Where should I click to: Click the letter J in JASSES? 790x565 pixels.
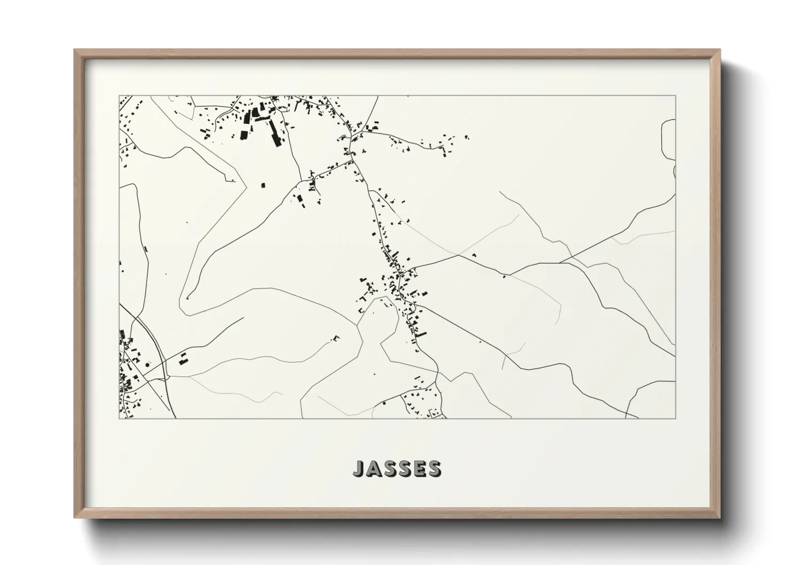[x=358, y=468]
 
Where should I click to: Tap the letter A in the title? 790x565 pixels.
[x=373, y=468]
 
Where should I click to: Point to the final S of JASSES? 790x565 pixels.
[x=434, y=468]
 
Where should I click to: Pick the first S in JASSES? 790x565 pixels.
[x=388, y=468]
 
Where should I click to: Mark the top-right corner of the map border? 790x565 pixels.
[x=675, y=96]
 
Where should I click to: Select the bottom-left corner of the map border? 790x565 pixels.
[x=119, y=418]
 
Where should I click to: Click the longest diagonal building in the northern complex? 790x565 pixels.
[x=275, y=132]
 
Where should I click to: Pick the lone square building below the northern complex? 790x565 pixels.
[x=263, y=185]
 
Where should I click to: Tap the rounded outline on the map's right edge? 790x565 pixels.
[x=667, y=139]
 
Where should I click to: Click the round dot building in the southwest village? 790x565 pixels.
[x=147, y=364]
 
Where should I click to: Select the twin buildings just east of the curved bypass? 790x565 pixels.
[x=183, y=359]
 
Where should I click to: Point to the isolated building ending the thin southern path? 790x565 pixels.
[x=336, y=337]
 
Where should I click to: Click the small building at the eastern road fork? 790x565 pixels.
[x=503, y=276]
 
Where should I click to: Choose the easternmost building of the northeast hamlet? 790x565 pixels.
[x=468, y=137]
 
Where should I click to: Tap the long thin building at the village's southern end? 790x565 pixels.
[x=421, y=335]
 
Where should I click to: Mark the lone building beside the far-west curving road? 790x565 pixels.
[x=146, y=248]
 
